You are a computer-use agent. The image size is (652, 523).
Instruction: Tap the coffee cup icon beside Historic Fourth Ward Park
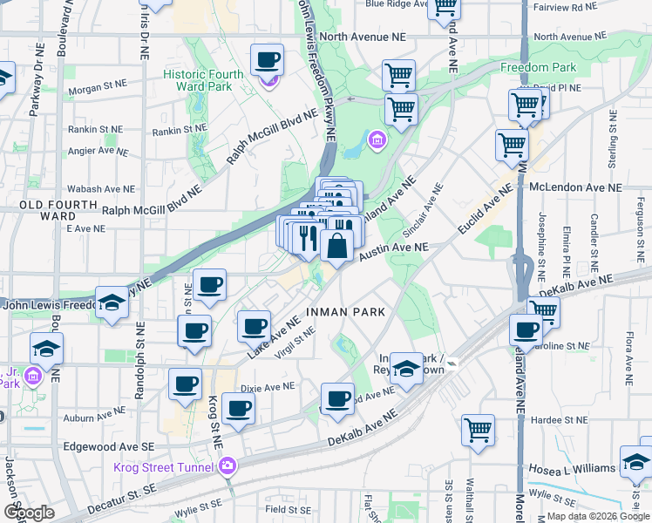point(268,61)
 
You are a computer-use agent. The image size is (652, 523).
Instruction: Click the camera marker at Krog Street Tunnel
point(229,466)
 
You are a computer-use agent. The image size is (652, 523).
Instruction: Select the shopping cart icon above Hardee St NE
point(479,430)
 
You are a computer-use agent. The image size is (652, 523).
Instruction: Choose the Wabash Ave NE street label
point(102,188)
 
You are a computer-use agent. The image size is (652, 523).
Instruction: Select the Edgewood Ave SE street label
point(109,445)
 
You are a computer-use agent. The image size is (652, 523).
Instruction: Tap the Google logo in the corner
point(28,513)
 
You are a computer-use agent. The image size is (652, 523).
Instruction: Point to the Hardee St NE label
point(561,419)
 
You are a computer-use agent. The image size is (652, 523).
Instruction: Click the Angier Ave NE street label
point(98,150)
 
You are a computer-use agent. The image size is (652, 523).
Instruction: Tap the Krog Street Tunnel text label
point(164,467)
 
